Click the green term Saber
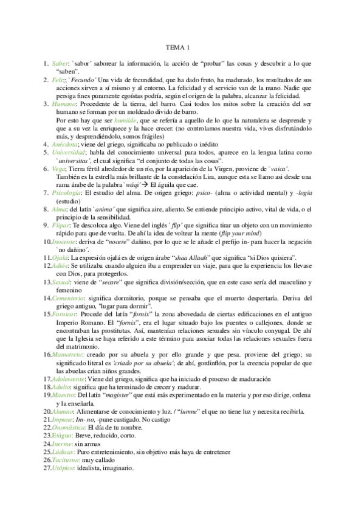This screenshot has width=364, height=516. tap(61, 63)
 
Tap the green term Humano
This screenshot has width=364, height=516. tap(64, 105)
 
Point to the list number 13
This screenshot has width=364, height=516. tap(47, 282)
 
